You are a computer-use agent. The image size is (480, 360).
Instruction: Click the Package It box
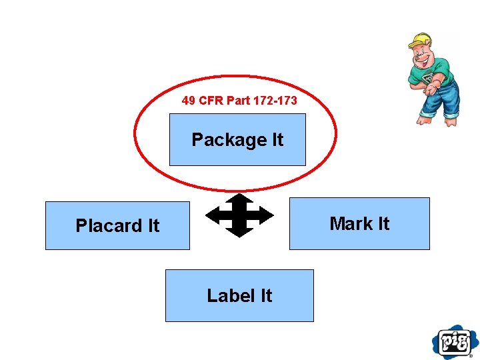tap(237, 139)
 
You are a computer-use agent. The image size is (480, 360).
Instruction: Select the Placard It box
tap(117, 225)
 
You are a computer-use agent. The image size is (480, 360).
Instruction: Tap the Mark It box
tap(359, 223)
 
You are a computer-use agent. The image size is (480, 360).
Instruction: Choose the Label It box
tap(239, 295)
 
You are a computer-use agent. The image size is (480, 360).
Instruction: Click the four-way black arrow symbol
tap(239, 215)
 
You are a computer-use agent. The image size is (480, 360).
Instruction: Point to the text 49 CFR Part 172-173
tap(239, 101)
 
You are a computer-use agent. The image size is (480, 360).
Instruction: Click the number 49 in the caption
tap(188, 101)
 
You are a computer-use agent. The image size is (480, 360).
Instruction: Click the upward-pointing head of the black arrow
tap(239, 199)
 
